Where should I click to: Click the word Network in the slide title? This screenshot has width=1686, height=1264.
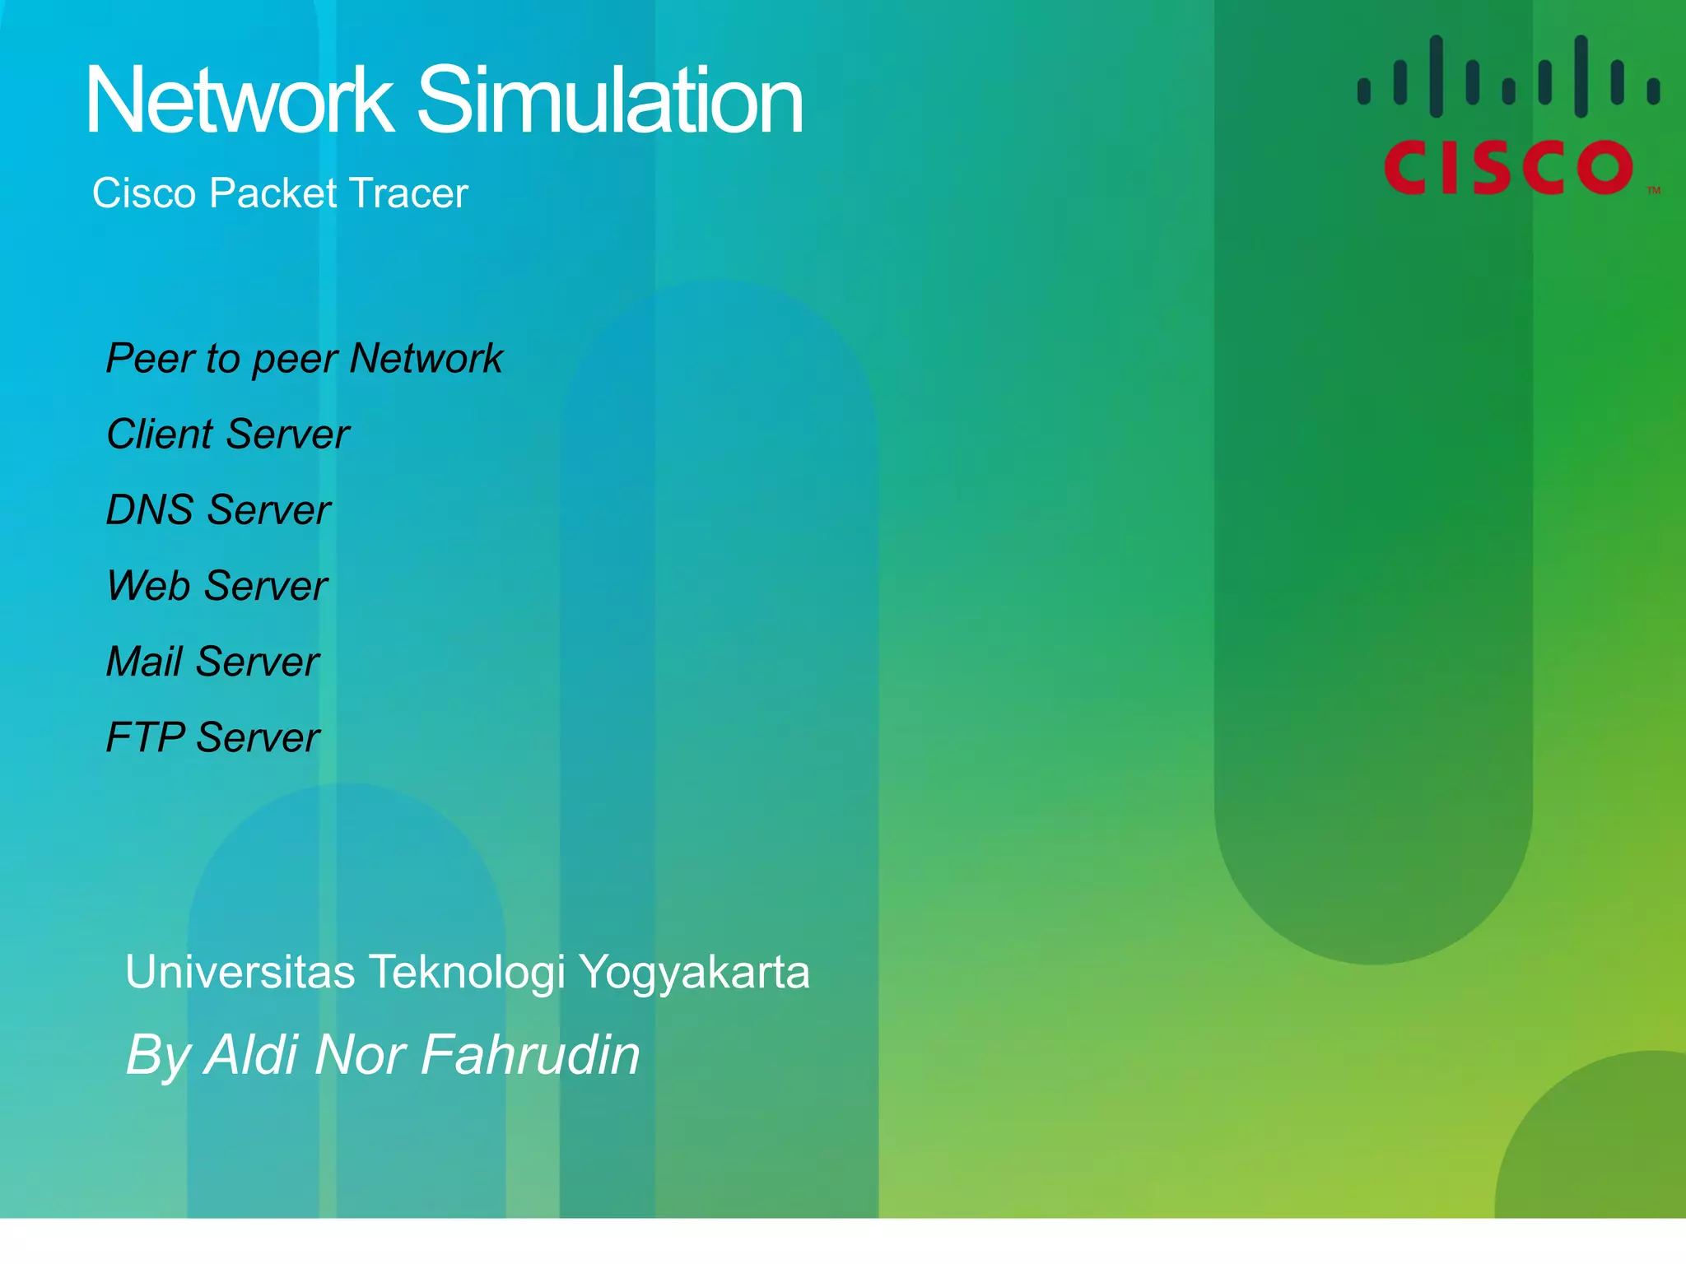point(240,100)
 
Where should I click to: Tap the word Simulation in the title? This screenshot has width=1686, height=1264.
point(610,100)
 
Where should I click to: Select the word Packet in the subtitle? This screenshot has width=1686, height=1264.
point(273,193)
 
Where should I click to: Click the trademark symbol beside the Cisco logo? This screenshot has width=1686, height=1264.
point(1654,191)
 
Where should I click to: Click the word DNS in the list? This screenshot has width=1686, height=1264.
point(149,510)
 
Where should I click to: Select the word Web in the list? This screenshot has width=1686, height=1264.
point(149,586)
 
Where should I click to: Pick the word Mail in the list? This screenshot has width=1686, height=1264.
point(144,662)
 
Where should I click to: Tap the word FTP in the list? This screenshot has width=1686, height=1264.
point(145,737)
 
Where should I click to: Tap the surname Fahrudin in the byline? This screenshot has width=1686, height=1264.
point(530,1054)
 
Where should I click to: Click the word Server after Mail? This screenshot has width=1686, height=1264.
point(258,662)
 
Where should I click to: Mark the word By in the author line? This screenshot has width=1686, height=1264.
point(158,1056)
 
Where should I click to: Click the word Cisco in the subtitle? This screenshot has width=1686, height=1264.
point(144,193)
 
